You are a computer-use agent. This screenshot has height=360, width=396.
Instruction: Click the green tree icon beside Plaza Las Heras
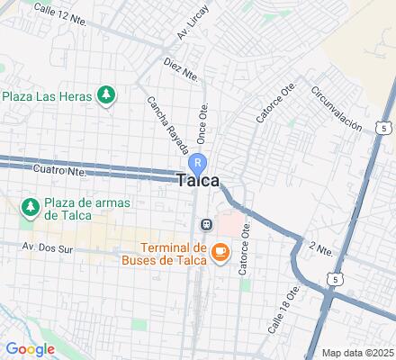click(107, 94)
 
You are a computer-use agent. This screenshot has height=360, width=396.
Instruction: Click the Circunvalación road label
click(337, 108)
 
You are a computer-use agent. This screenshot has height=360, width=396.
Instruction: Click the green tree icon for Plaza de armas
click(30, 208)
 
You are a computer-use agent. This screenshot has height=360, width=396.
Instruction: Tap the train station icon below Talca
click(206, 224)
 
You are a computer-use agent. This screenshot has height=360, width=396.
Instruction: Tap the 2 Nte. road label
click(317, 247)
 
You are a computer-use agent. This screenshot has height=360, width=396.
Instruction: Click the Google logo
click(30, 349)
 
